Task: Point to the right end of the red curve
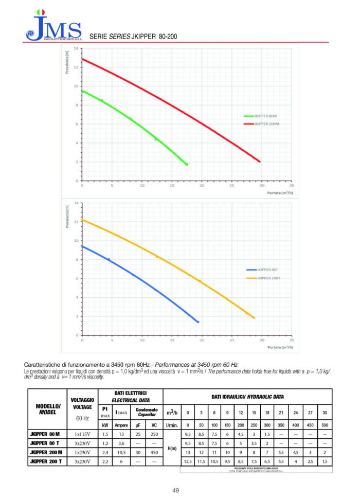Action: [260, 162]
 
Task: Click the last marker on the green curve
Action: [187, 164]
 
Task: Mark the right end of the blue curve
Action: [198, 322]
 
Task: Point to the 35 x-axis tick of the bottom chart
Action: [292, 340]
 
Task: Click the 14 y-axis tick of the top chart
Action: [76, 49]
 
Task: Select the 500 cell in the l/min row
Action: [323, 425]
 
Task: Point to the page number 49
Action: [176, 490]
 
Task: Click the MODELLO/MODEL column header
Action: [48, 409]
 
